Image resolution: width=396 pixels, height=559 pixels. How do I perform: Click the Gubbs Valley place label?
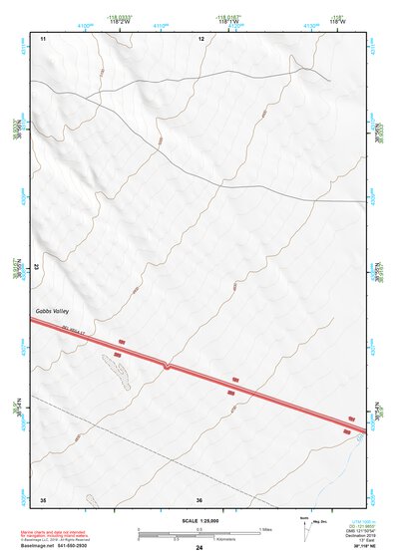click(x=51, y=313)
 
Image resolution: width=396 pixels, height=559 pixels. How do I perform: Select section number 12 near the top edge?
click(x=200, y=38)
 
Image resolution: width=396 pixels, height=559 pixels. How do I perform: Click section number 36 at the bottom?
click(x=199, y=499)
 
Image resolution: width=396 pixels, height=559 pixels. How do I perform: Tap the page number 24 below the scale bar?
click(x=199, y=548)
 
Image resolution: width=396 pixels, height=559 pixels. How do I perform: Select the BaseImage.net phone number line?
click(x=61, y=547)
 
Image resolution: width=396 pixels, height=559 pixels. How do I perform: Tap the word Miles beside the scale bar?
click(x=265, y=528)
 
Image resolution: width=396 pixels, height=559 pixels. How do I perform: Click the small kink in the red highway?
click(x=167, y=367)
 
